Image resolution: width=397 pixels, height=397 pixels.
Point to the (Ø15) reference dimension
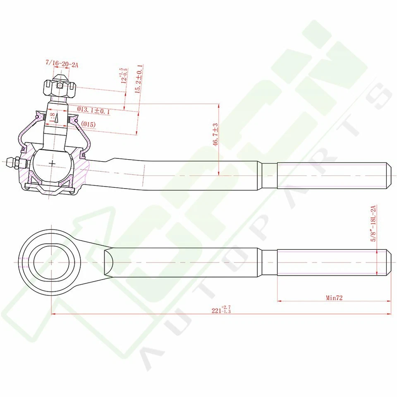click(88, 124)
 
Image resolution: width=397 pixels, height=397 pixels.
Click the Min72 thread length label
click(334, 297)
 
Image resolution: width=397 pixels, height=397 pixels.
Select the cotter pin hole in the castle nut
click(60, 86)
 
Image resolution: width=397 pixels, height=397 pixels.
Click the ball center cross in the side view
click(53, 163)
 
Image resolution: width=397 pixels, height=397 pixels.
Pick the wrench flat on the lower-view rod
click(108, 262)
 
